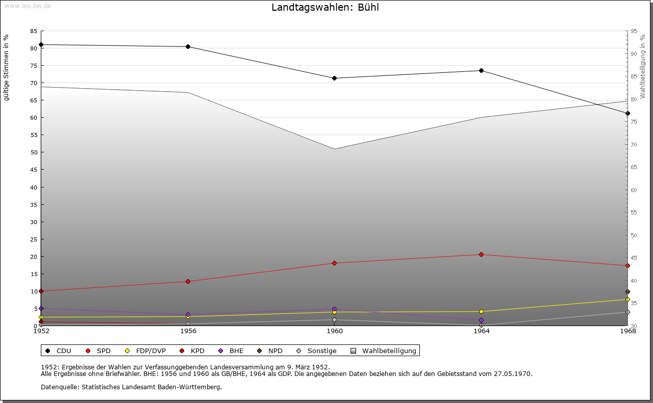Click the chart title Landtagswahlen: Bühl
click(x=325, y=8)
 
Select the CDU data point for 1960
click(x=335, y=78)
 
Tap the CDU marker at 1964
click(x=481, y=70)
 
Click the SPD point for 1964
click(x=481, y=254)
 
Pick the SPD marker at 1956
click(x=188, y=281)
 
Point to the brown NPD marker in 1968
click(x=627, y=292)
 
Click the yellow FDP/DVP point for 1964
click(x=481, y=311)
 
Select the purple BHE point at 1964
click(x=481, y=320)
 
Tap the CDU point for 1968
click(x=627, y=113)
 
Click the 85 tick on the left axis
click(x=33, y=31)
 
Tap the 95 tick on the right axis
click(x=634, y=31)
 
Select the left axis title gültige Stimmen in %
click(x=7, y=67)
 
